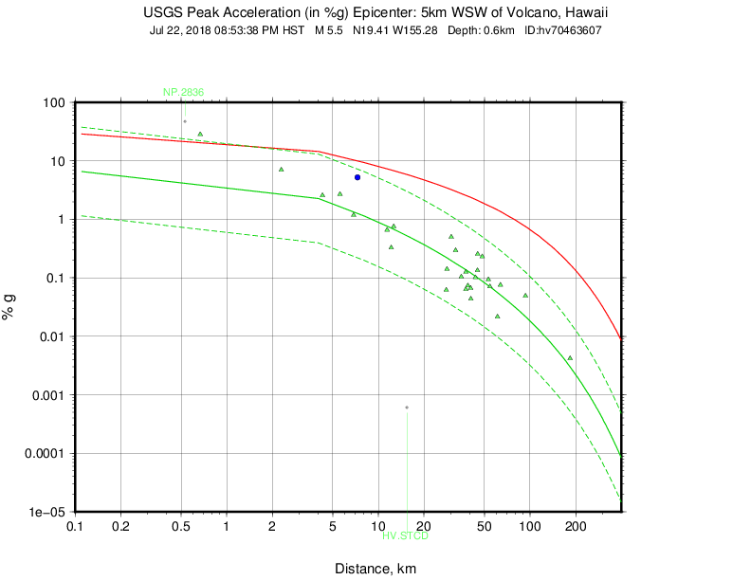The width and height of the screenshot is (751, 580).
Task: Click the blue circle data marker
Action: (x=357, y=177)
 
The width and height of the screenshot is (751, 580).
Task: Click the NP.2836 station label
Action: (x=183, y=92)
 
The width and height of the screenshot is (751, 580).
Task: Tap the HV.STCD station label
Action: (x=406, y=536)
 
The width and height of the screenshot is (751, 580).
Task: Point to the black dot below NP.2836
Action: (x=185, y=121)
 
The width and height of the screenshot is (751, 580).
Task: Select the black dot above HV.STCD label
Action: (x=407, y=408)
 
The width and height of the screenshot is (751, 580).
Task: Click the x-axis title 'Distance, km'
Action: (x=375, y=569)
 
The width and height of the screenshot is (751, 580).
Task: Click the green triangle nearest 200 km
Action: (x=570, y=358)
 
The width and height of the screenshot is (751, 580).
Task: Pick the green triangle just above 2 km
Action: (x=282, y=170)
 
